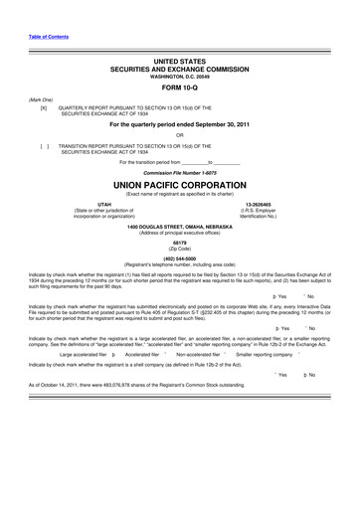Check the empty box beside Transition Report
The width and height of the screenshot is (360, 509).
[43, 145]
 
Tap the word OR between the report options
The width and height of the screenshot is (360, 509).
[180, 135]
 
